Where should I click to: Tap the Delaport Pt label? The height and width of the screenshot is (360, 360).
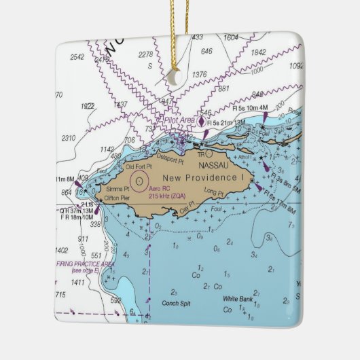coord(170,159)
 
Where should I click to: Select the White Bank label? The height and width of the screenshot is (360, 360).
coord(237,299)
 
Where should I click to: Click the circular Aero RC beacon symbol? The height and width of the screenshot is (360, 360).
coord(139,181)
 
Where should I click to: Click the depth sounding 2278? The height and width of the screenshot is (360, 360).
coord(145,54)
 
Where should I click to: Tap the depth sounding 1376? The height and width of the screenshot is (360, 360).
coord(199,74)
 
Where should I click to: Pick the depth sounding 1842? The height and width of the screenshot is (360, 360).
coord(259,52)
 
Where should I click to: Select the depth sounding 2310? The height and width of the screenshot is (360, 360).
coord(69,138)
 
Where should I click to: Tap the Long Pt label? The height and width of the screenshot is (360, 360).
coord(213,194)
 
